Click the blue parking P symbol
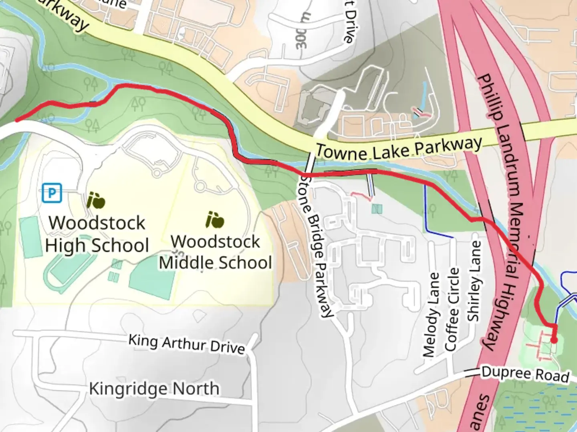tap(52, 193)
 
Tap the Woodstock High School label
tap(97, 234)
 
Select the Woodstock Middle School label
tap(216, 252)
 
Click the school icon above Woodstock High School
tap(95, 200)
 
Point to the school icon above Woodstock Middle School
tap(214, 220)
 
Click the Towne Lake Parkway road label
tap(399, 149)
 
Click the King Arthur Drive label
tap(186, 344)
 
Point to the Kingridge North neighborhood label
tap(154, 388)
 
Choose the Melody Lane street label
tap(431, 314)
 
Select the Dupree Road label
tap(525, 374)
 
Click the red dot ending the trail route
tap(554, 340)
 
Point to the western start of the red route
tap(17, 119)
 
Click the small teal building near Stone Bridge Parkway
tap(377, 208)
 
